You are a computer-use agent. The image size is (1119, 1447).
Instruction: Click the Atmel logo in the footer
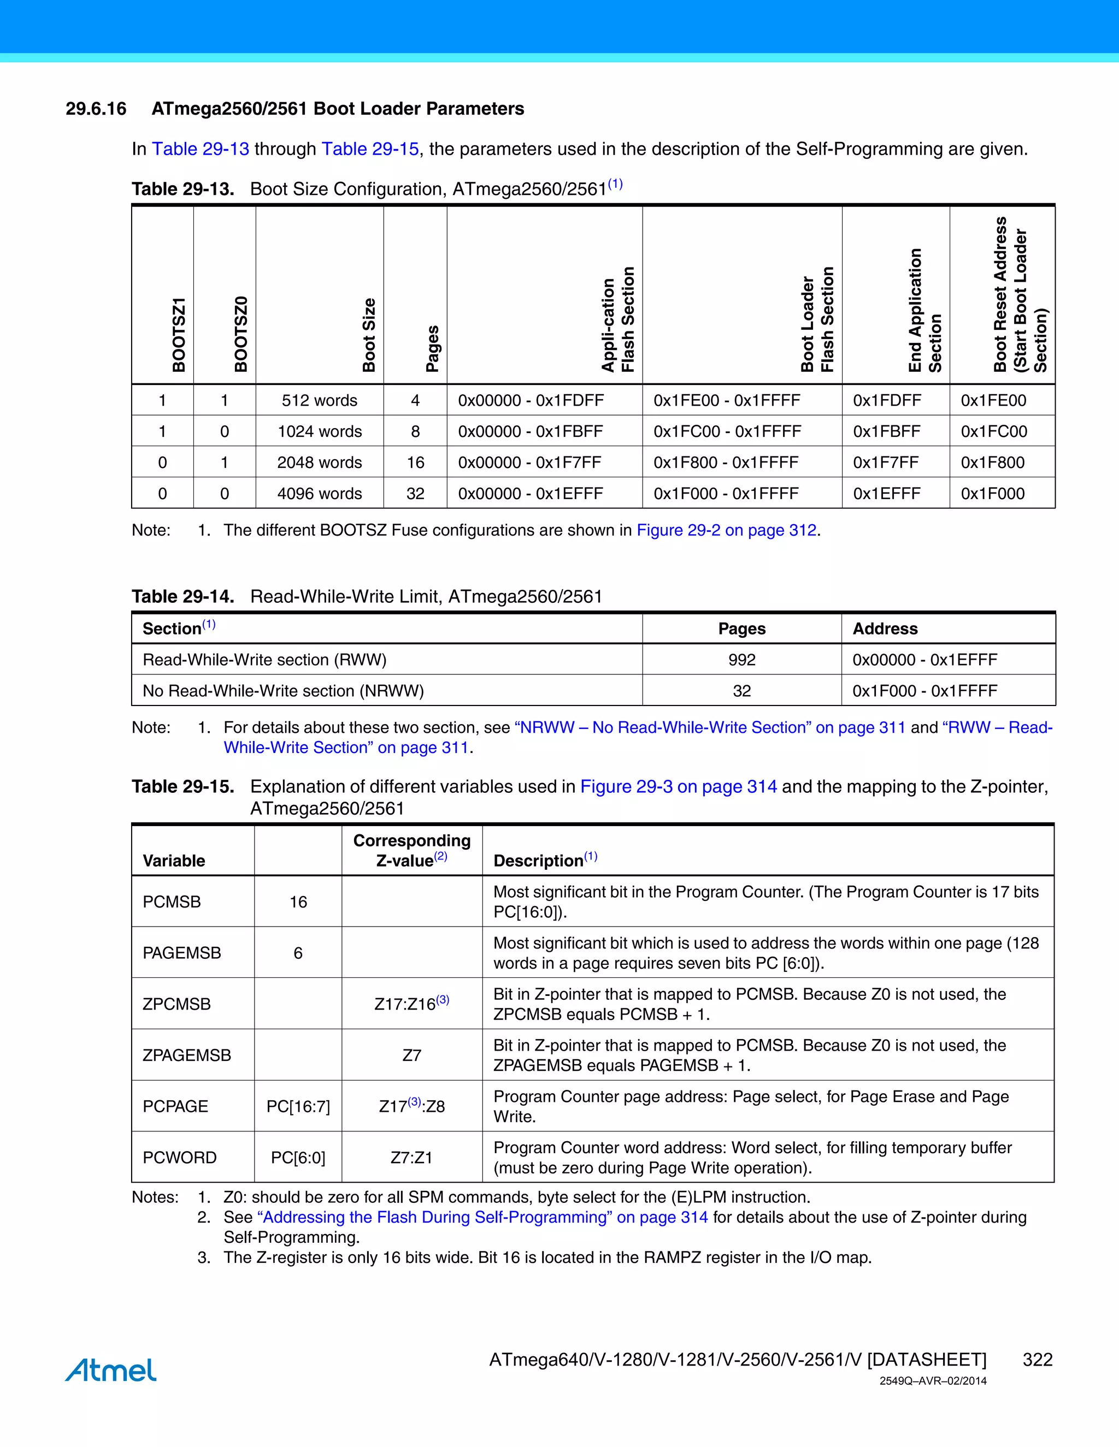point(111,1370)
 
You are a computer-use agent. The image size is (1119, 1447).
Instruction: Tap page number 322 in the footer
point(1038,1360)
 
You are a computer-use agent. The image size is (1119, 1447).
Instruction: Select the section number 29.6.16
point(96,109)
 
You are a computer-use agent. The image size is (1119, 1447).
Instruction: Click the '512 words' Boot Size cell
point(319,400)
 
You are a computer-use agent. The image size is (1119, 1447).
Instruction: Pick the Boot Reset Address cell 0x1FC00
point(994,431)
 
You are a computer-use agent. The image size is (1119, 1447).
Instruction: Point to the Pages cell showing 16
point(415,462)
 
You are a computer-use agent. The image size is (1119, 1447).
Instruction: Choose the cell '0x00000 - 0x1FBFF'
point(531,431)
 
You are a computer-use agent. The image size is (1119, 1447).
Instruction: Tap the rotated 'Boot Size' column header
point(369,335)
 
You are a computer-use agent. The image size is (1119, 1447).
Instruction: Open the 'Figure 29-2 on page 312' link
point(726,530)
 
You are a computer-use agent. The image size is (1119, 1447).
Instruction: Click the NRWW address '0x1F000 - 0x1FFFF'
point(925,691)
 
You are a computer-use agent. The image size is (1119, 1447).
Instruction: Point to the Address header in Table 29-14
point(885,628)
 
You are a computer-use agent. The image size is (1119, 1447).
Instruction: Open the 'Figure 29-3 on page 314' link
point(678,786)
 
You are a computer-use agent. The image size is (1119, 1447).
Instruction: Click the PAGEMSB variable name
point(181,953)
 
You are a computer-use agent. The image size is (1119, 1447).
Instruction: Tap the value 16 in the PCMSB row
point(298,902)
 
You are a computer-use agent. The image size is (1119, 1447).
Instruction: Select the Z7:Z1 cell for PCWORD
point(411,1158)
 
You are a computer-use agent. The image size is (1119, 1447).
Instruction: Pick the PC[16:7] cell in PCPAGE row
point(298,1106)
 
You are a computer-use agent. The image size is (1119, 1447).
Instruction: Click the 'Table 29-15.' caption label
point(183,786)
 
